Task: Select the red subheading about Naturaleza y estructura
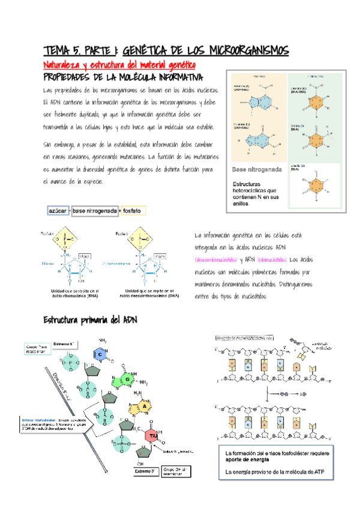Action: pos(119,65)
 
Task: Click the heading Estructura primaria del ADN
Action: pos(90,322)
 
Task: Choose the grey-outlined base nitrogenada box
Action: pos(95,211)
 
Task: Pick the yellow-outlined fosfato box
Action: pos(133,211)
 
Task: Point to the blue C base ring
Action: pos(101,356)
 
